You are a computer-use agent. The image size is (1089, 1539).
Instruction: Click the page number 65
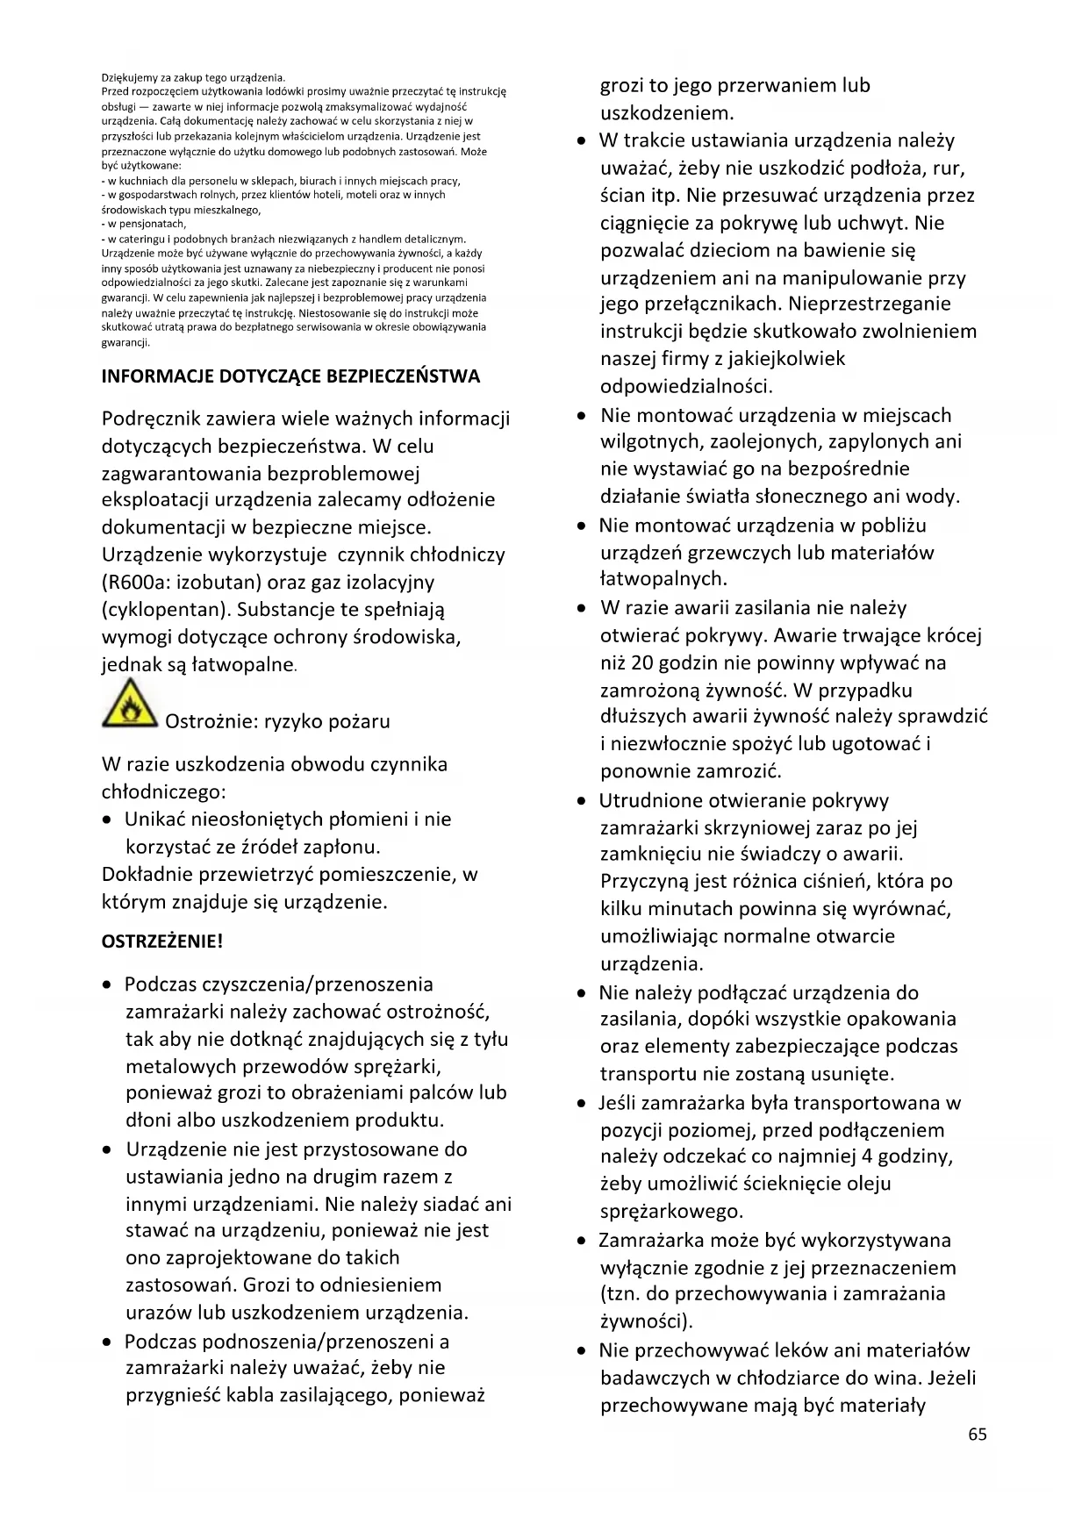tap(978, 1434)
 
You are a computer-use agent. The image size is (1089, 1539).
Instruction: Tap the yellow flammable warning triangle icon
tap(130, 705)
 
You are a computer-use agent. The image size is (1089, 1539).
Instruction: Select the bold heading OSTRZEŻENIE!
tap(162, 941)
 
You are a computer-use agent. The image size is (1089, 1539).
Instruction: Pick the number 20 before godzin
tap(642, 662)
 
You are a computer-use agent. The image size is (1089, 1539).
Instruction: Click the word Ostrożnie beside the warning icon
tap(211, 721)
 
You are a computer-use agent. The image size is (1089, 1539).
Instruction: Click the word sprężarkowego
tap(671, 1212)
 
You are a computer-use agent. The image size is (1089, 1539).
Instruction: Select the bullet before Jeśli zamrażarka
tap(581, 1103)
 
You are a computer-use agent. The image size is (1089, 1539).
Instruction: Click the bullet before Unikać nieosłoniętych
tap(106, 820)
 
